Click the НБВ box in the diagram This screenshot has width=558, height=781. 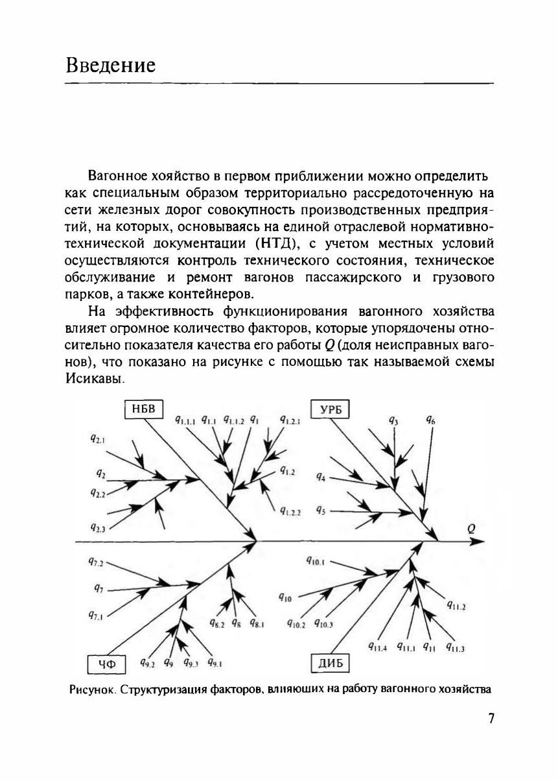pos(143,409)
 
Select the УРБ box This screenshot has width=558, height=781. pos(331,409)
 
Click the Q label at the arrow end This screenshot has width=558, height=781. pos(472,528)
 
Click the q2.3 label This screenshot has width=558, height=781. pos(99,528)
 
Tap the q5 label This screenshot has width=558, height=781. pos(321,510)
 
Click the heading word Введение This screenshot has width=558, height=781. pos(111,66)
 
